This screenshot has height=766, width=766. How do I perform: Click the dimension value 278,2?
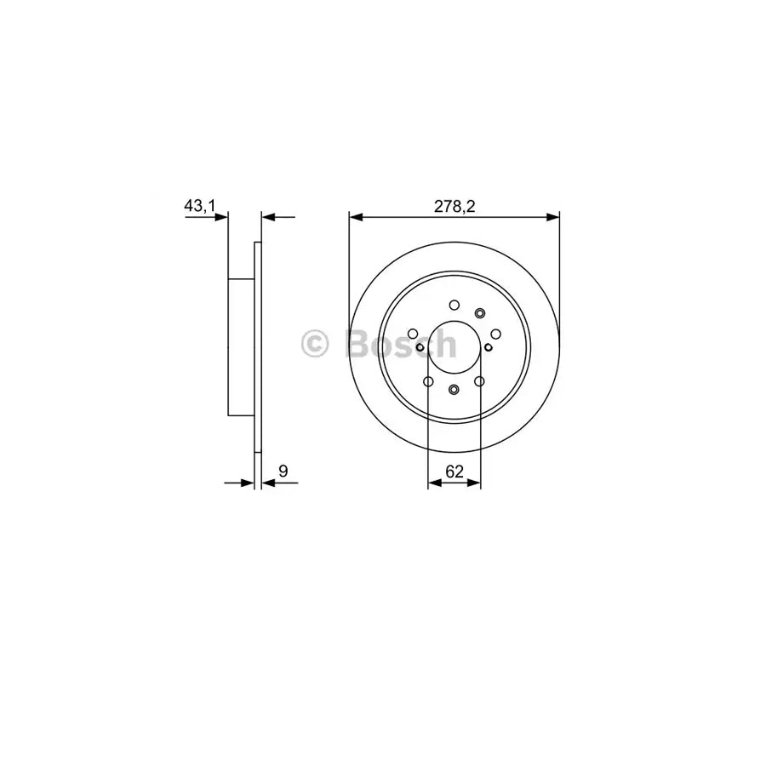(454, 205)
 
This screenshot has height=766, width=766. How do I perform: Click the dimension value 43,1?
(200, 205)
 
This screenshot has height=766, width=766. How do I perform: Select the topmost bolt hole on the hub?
(454, 304)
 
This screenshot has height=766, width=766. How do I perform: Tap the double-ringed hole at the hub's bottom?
(454, 390)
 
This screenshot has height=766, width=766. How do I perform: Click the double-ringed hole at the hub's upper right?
(479, 312)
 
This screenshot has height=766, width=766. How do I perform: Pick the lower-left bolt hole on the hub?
(428, 381)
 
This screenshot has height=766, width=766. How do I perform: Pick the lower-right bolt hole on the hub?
(479, 381)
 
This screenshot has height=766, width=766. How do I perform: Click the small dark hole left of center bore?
(420, 346)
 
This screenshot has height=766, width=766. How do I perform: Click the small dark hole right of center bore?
(488, 346)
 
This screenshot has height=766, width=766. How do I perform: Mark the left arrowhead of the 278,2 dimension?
(356, 217)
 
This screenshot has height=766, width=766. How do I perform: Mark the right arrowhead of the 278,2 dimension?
(552, 217)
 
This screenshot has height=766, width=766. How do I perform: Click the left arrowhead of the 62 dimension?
(433, 483)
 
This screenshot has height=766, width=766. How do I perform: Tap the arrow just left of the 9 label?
(248, 483)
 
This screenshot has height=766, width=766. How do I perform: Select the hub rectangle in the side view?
(242, 346)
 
